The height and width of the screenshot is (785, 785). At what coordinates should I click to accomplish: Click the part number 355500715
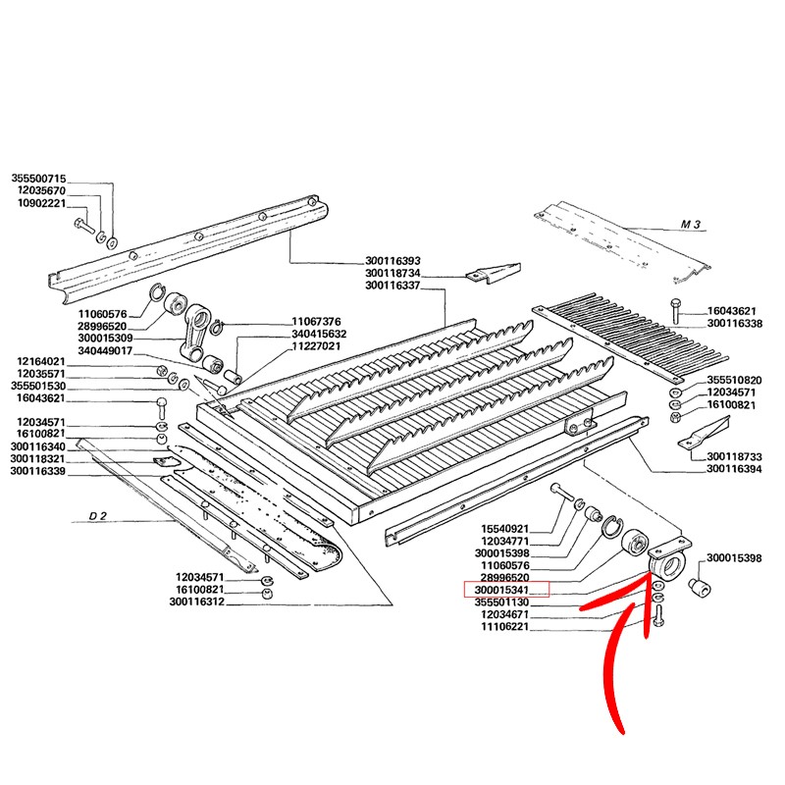38,178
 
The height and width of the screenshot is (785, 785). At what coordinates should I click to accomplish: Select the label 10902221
38,203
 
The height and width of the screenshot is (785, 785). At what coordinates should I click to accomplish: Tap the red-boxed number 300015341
501,590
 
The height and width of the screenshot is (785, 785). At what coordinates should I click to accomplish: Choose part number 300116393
392,261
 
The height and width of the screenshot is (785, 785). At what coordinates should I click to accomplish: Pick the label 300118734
392,273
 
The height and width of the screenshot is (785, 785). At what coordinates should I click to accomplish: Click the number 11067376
315,321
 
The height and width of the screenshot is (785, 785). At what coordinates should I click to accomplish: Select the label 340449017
105,350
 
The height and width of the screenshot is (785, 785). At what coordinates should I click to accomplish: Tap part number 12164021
38,361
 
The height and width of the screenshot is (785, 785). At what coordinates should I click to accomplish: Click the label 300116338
734,323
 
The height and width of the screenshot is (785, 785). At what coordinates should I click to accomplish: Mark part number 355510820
735,379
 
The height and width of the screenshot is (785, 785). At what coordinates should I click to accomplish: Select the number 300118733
734,456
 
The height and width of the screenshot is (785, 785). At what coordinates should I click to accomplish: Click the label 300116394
734,469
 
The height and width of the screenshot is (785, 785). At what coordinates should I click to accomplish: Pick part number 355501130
501,602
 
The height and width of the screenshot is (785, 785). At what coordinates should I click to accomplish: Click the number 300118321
38,459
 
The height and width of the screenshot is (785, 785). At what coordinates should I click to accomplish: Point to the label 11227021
315,346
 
